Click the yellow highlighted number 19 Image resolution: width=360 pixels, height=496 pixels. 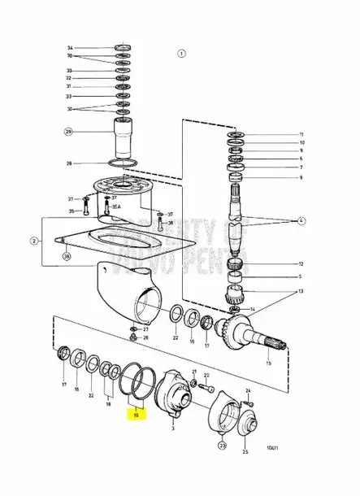[x=137, y=414]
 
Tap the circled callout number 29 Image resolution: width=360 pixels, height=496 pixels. [x=69, y=131]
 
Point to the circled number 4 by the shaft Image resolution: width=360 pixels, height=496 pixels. [x=301, y=220]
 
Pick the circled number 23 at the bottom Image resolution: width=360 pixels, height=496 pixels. [x=222, y=445]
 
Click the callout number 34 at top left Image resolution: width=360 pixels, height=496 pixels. [x=69, y=49]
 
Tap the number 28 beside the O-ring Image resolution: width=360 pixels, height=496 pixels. [x=69, y=163]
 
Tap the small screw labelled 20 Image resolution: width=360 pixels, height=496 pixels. [x=193, y=376]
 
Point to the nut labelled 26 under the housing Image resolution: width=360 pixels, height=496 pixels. [x=133, y=337]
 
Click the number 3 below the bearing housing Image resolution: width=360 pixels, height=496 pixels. [x=173, y=426]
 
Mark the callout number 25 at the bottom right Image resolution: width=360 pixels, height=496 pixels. [x=246, y=450]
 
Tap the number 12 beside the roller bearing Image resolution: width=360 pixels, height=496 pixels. [x=300, y=264]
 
